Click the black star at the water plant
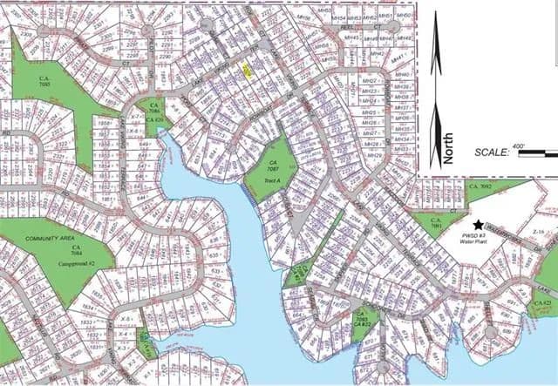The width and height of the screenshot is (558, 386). [477, 224]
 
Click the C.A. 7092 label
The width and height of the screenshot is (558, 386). [481, 186]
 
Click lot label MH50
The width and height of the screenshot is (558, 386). [404, 16]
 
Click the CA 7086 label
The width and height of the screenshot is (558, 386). [154, 114]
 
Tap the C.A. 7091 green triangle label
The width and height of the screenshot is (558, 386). [435, 222]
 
